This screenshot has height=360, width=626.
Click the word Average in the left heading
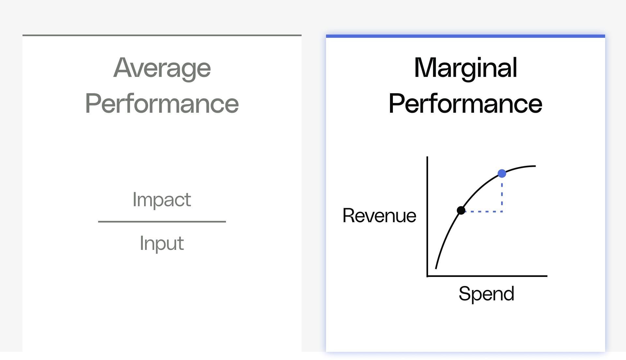point(162,68)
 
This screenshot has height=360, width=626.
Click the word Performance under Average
point(162,104)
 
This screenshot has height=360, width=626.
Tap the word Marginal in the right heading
point(465,68)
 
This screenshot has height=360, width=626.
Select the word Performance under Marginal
point(465,104)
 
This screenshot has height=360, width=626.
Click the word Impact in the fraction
point(162,199)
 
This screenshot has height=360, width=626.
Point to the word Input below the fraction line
point(162,243)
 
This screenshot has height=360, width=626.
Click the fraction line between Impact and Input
point(162,222)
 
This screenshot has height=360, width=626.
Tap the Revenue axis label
point(379,216)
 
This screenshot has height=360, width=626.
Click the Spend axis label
point(486,294)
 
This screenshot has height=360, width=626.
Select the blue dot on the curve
point(502,173)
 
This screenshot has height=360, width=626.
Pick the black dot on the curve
point(461,210)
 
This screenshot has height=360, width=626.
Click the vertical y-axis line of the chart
point(427,215)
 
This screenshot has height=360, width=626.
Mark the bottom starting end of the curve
point(436,268)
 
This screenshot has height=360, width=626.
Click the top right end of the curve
point(535,166)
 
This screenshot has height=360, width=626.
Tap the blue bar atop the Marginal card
point(465,36)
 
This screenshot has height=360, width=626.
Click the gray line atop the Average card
point(162,35)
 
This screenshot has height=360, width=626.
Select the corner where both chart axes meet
point(427,276)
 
